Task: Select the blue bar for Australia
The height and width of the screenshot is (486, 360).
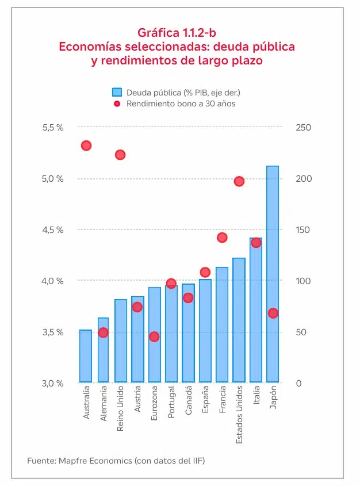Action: point(86,356)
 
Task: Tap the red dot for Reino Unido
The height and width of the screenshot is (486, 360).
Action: point(120,155)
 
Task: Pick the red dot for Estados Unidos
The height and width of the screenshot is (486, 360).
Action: point(239,181)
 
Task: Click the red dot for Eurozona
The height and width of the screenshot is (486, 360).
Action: point(154,336)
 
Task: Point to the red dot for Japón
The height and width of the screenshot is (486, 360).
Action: point(273,313)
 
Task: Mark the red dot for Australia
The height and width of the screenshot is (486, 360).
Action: point(86,146)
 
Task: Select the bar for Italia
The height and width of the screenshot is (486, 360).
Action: point(256,310)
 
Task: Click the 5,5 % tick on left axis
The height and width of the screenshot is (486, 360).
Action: point(53,127)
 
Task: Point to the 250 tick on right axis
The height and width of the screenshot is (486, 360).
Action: point(304,127)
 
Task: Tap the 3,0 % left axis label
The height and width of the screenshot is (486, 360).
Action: point(53,383)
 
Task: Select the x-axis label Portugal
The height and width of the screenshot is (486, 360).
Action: point(171,405)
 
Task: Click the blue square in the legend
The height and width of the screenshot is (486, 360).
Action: point(117,93)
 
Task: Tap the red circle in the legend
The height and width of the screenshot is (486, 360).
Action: point(117,104)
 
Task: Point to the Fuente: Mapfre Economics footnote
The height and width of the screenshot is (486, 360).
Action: point(116,461)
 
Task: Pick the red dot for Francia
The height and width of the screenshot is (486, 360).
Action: point(222,238)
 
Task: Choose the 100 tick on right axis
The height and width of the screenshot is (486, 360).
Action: point(304,281)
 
